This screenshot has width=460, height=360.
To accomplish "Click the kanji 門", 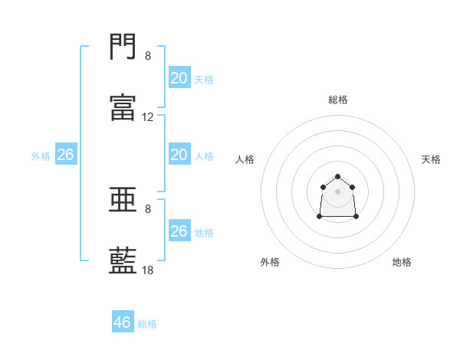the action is click(123, 46).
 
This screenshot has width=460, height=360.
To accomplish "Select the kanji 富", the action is click(123, 107).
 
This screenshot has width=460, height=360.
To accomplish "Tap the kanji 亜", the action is click(123, 199).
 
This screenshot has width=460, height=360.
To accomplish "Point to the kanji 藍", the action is click(123, 260).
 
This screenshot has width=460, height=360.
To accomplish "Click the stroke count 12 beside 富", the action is click(147, 117).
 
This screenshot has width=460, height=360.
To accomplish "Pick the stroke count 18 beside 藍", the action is click(147, 270).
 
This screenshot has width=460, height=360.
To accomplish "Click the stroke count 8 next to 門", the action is click(148, 56).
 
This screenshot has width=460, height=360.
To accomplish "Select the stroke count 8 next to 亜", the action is click(148, 209).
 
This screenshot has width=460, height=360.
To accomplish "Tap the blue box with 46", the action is click(123, 321).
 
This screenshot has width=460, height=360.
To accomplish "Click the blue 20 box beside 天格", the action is click(179, 77).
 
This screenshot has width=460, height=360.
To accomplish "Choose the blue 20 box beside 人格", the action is click(179, 154).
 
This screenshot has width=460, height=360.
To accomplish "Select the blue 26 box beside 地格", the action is click(179, 230).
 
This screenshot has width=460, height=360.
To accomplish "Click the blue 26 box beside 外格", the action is click(66, 154).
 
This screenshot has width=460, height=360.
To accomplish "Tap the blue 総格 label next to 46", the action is click(147, 324).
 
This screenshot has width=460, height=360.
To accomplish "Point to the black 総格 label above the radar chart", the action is click(338, 100).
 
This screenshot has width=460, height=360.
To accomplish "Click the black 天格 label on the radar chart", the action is click(431, 159).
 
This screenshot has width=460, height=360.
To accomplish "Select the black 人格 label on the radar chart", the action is click(245, 159).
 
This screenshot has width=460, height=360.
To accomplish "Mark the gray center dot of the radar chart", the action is click(337, 191).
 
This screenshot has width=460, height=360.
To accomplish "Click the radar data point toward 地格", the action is click(356, 217).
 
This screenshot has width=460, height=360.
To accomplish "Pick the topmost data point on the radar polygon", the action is click(337, 176).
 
